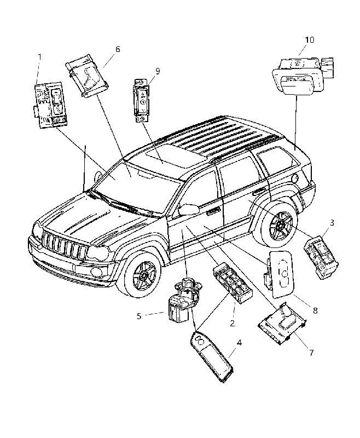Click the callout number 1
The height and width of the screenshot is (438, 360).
pos(39,57)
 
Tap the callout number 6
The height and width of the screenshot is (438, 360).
pos(118,49)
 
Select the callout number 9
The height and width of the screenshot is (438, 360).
pos(158,71)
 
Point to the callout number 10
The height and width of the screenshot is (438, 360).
pos(309,40)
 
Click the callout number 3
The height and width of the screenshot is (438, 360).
pos(332,223)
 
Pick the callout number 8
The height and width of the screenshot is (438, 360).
pos(315,310)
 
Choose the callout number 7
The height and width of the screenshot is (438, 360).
pos(311,353)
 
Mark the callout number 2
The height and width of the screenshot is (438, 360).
pos(232,323)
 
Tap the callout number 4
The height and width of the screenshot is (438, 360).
pos(239,343)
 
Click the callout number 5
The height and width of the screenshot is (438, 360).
pos(139,316)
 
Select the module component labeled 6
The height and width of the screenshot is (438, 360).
pos(87,76)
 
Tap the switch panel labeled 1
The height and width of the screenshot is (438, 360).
pos(50,105)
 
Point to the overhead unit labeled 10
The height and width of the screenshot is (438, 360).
pos(301,76)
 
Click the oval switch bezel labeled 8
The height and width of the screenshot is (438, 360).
pos(280,274)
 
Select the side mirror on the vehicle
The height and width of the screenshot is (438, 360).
pos(188,209)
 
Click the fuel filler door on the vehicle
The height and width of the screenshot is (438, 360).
pos(295,177)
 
